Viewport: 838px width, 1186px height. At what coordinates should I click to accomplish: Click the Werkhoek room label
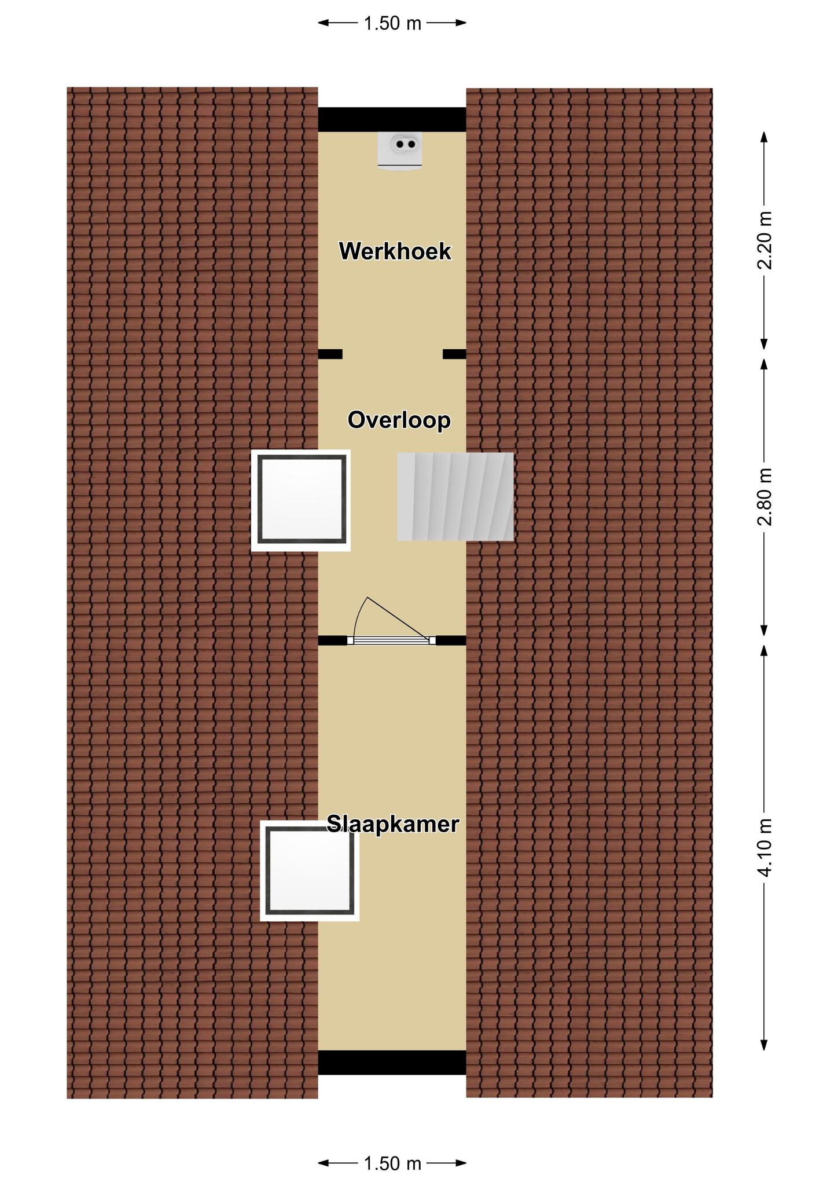[x=395, y=251]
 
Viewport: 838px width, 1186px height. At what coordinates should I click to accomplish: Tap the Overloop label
[x=399, y=420]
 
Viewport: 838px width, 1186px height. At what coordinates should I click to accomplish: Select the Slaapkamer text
[x=393, y=823]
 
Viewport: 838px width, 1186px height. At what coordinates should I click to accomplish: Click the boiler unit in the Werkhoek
[x=400, y=151]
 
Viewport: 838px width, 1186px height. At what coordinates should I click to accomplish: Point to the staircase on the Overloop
[x=455, y=497]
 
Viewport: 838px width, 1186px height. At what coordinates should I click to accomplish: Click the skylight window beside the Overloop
[x=301, y=500]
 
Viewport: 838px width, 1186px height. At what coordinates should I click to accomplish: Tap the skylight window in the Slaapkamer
[x=310, y=870]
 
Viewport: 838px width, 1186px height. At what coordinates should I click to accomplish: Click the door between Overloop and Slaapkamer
[x=392, y=621]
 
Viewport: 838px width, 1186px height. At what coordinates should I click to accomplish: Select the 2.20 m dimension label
[x=765, y=240]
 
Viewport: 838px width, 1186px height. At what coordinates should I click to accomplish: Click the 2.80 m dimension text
[x=765, y=496]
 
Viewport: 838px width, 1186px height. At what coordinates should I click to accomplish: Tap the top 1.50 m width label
[x=392, y=24]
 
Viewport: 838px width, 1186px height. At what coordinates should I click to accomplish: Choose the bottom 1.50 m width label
[x=392, y=1162]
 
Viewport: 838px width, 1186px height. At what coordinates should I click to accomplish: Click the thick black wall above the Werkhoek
[x=392, y=119]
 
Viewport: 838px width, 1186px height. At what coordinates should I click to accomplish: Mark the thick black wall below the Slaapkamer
[x=392, y=1063]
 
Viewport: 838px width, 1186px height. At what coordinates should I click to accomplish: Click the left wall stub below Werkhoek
[x=330, y=354]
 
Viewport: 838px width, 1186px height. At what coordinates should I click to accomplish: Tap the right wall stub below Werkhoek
[x=454, y=354]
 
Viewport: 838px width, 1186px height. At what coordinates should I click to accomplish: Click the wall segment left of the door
[x=333, y=640]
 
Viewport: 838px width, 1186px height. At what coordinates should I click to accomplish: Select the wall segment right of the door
[x=451, y=640]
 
